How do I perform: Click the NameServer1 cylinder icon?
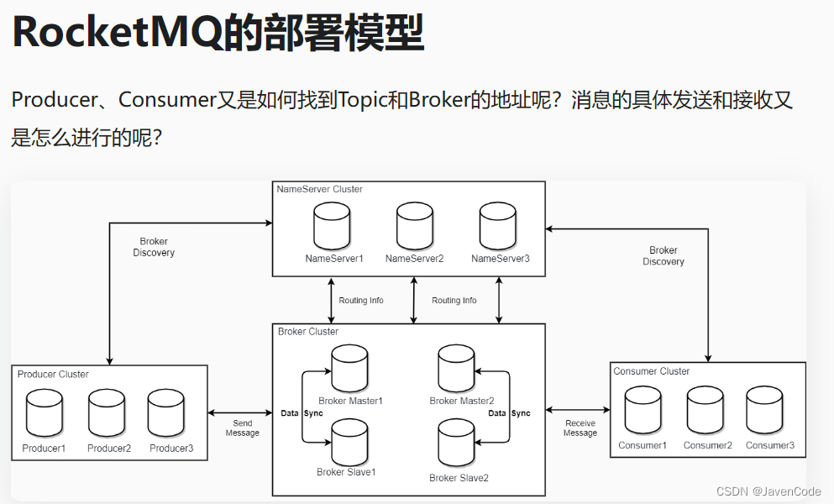click(331, 225)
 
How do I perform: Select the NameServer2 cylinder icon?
click(414, 225)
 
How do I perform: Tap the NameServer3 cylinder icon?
click(498, 225)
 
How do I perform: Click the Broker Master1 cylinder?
click(350, 368)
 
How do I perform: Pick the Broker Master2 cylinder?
click(457, 368)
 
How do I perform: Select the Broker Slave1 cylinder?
click(350, 442)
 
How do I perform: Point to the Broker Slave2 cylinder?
click(457, 445)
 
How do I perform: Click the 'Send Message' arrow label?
click(242, 428)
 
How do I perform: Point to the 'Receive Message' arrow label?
click(580, 428)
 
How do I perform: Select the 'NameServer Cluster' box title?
click(320, 189)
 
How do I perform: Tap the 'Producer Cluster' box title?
click(53, 374)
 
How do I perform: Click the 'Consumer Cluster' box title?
click(652, 371)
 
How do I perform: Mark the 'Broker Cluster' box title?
click(308, 332)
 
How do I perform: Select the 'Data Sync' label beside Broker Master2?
click(509, 413)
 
